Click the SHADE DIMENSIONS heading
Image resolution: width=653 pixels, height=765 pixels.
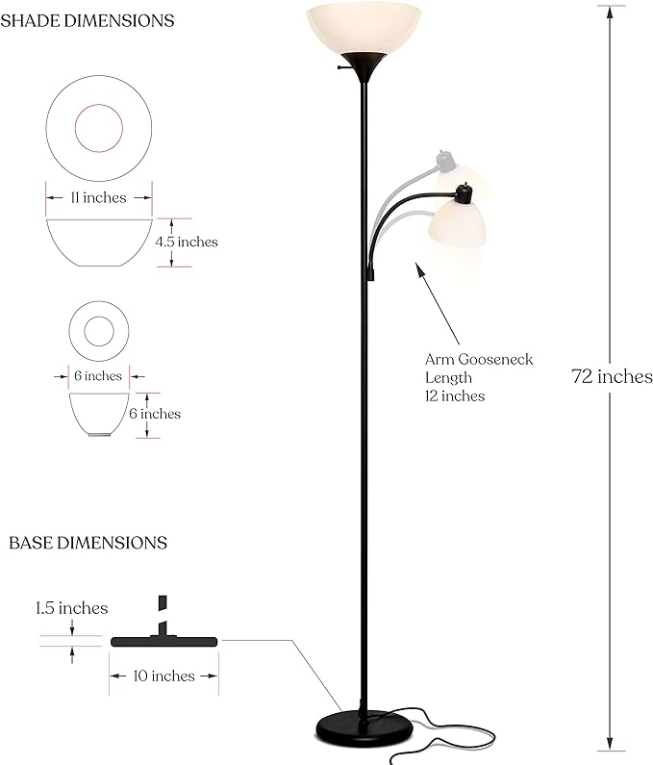88,20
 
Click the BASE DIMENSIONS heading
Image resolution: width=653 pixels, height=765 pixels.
88,543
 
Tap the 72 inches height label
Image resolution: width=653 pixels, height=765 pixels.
612,376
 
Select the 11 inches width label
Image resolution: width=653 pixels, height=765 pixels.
98,197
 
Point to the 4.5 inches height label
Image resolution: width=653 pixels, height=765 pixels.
187,242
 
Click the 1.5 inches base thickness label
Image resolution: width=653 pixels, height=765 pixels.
72,608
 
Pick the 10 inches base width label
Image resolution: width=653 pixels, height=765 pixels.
163,676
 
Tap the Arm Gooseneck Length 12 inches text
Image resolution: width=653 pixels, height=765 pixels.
478,377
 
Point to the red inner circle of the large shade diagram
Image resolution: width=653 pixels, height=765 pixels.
99,128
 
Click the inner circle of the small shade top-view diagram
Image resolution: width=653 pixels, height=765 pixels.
99,331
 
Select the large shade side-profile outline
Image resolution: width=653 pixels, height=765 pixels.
99,242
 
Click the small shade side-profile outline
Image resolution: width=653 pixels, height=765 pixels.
99,414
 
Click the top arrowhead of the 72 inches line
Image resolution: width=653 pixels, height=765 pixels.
610,12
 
